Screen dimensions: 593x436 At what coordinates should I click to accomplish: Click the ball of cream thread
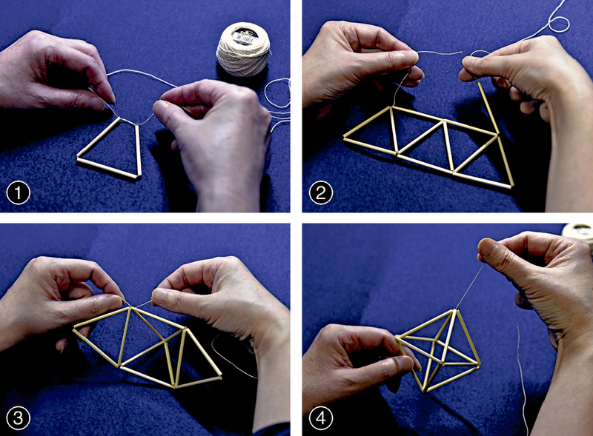pyautogui.click(x=243, y=49)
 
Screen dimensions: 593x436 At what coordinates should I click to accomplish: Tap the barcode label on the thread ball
pyautogui.click(x=244, y=35)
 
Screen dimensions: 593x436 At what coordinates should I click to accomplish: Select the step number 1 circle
pyautogui.click(x=18, y=193)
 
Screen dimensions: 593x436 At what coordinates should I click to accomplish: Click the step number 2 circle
pyautogui.click(x=321, y=193)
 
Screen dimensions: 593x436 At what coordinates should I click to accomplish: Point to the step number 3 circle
pyautogui.click(x=18, y=418)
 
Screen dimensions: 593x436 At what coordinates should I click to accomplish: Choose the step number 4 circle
pyautogui.click(x=321, y=418)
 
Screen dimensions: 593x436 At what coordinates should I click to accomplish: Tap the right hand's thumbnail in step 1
pyautogui.click(x=160, y=107)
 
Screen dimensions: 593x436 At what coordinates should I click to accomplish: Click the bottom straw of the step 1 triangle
pyautogui.click(x=107, y=168)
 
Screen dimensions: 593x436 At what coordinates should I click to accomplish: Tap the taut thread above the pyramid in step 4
pyautogui.click(x=470, y=286)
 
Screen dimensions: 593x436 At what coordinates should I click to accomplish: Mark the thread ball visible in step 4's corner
pyautogui.click(x=579, y=231)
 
